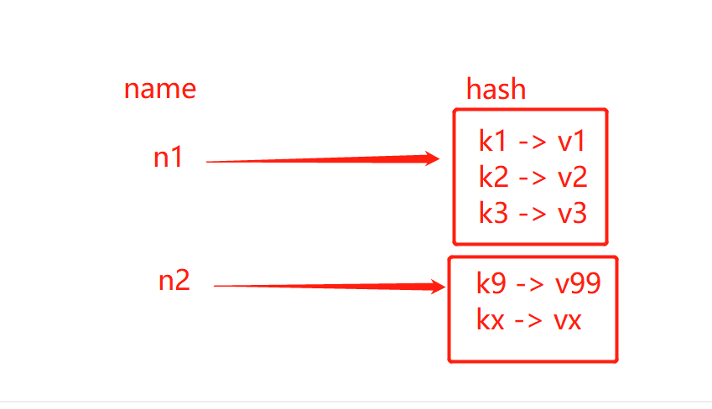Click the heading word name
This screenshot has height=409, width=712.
pyautogui.click(x=160, y=89)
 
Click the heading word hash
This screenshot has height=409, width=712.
pyautogui.click(x=496, y=89)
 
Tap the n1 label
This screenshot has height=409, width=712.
pyautogui.click(x=168, y=158)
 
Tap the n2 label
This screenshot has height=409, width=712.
pyautogui.click(x=174, y=281)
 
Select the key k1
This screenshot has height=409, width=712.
pyautogui.click(x=492, y=141)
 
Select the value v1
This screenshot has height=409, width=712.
pyautogui.click(x=571, y=141)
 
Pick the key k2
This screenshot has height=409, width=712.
pyautogui.click(x=493, y=177)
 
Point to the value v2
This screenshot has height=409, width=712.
pyautogui.click(x=572, y=177)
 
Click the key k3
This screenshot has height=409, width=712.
pyautogui.click(x=493, y=213)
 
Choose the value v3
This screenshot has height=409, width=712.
pyautogui.click(x=572, y=213)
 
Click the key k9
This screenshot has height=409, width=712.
pyautogui.click(x=491, y=284)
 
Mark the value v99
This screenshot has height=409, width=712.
pyautogui.click(x=578, y=284)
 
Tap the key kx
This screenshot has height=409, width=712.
pyautogui.click(x=491, y=320)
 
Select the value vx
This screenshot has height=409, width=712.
pyautogui.click(x=568, y=320)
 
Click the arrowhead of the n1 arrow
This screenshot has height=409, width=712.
pyautogui.click(x=431, y=159)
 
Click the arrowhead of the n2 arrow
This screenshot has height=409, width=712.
pyautogui.click(x=436, y=287)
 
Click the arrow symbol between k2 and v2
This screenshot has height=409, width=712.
pyautogui.click(x=533, y=178)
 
